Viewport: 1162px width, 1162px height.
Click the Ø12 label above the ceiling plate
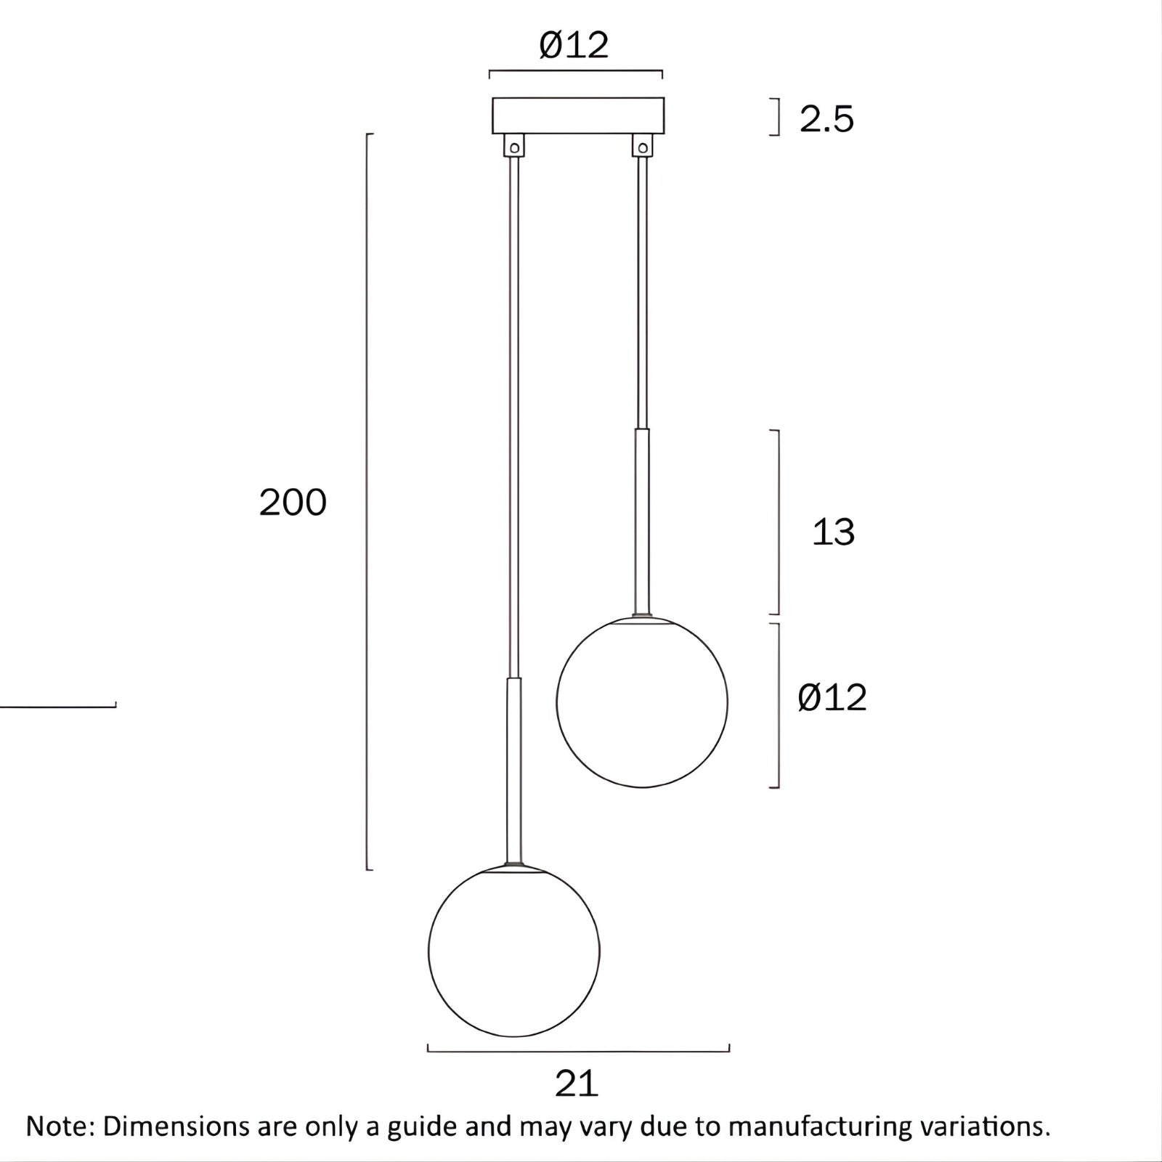(574, 46)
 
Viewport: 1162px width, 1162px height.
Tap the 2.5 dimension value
(826, 119)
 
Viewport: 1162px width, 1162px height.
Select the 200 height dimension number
(293, 503)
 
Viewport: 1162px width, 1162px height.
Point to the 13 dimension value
(832, 532)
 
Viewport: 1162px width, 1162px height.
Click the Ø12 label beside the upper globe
(832, 698)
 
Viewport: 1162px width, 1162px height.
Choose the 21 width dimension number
(577, 1084)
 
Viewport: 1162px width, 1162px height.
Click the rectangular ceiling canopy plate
(578, 115)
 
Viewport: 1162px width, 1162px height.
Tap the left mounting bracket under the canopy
(514, 145)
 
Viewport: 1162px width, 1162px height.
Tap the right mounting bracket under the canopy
(642, 145)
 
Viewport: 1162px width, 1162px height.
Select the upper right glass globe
(642, 702)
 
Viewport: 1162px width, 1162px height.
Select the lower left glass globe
(514, 951)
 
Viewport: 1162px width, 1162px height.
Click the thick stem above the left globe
(514, 770)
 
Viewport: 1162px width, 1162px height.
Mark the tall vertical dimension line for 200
(367, 501)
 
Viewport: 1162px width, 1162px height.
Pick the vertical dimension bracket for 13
(779, 521)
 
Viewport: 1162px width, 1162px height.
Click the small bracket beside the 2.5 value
(778, 118)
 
